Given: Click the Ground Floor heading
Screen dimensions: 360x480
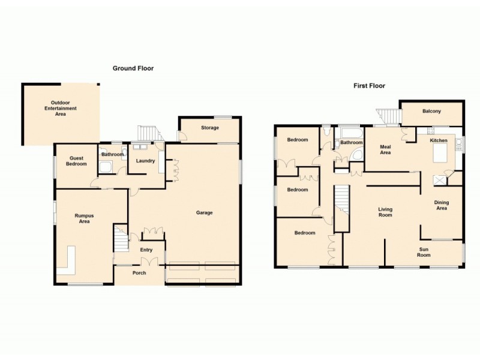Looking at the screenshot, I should point(133,68).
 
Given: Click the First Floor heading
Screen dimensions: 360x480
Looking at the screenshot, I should point(369,86).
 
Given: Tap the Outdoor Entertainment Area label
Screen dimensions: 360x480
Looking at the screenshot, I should point(61,107).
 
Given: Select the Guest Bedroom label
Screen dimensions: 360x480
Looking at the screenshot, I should point(76,161).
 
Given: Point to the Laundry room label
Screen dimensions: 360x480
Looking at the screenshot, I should point(145,161).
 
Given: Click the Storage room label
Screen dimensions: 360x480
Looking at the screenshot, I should point(210,128).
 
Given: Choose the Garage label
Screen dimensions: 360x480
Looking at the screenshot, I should point(204,212).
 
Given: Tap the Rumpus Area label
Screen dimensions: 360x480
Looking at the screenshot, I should point(84,218).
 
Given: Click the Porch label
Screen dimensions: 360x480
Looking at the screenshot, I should point(139,274).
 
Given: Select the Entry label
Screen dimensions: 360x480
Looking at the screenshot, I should point(146,250).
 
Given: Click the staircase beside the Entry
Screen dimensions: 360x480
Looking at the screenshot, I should point(121,239).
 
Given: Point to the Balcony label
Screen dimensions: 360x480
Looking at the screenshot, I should point(431,111).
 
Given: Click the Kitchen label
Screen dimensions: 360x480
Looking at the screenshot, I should point(439,140).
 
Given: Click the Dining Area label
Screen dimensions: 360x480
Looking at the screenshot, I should point(441,205).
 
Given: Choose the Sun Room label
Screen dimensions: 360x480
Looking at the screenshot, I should point(424,251).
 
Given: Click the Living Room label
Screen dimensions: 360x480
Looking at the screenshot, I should point(385,212).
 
